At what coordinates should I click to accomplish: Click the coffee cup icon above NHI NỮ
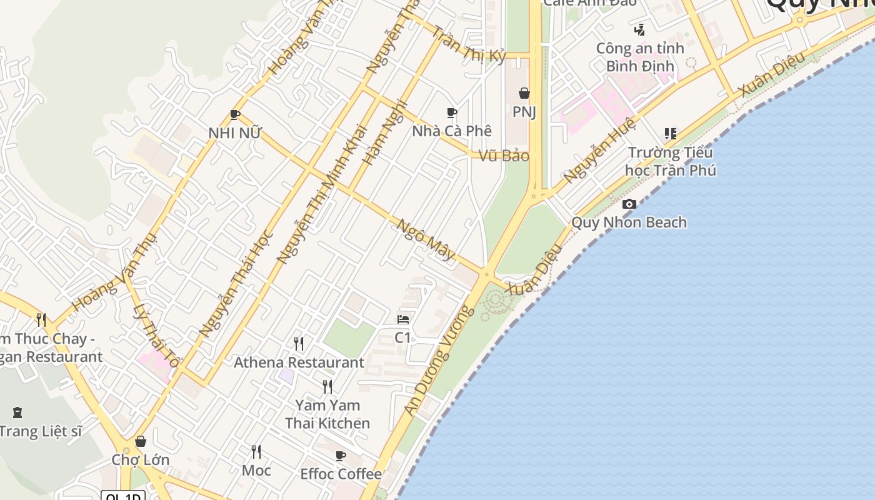235,114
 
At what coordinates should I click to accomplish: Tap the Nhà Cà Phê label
452,131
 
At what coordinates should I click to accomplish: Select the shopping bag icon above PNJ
524,94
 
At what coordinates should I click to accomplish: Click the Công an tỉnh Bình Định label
640,57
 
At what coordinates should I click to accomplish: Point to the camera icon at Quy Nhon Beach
629,204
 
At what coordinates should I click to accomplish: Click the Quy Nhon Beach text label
629,222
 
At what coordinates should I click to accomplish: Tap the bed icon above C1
403,319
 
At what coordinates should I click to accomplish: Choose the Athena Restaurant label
299,362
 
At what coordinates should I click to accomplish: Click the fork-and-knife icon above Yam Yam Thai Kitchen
327,387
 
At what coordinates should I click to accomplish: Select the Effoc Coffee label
341,474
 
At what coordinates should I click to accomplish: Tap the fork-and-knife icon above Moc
256,451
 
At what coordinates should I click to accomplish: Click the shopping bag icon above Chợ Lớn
141,442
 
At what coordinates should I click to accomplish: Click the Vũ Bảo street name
504,156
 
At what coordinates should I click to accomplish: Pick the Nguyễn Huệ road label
598,150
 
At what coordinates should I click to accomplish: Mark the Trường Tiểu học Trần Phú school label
671,161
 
